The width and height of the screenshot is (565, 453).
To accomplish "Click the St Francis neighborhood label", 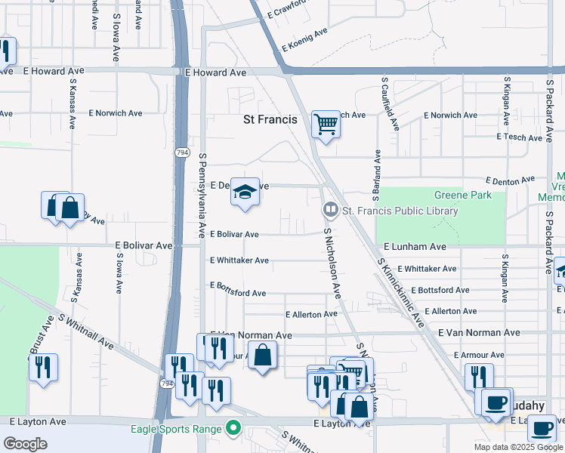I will point(270,119).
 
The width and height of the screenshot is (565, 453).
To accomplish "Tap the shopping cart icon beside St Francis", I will point(326,123).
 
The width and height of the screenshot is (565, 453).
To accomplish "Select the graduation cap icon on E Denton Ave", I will point(245,193).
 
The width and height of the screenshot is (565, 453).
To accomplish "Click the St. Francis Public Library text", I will point(400,211).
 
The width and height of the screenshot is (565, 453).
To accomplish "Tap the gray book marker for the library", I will point(330,210).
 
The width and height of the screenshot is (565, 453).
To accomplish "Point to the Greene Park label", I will point(465,195).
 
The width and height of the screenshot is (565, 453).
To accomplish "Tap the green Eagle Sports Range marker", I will point(233,430).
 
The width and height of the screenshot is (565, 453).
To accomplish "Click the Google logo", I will point(25,444).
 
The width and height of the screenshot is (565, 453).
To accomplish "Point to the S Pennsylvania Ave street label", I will point(202,195).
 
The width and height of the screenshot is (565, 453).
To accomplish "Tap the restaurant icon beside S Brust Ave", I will point(43,368).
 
